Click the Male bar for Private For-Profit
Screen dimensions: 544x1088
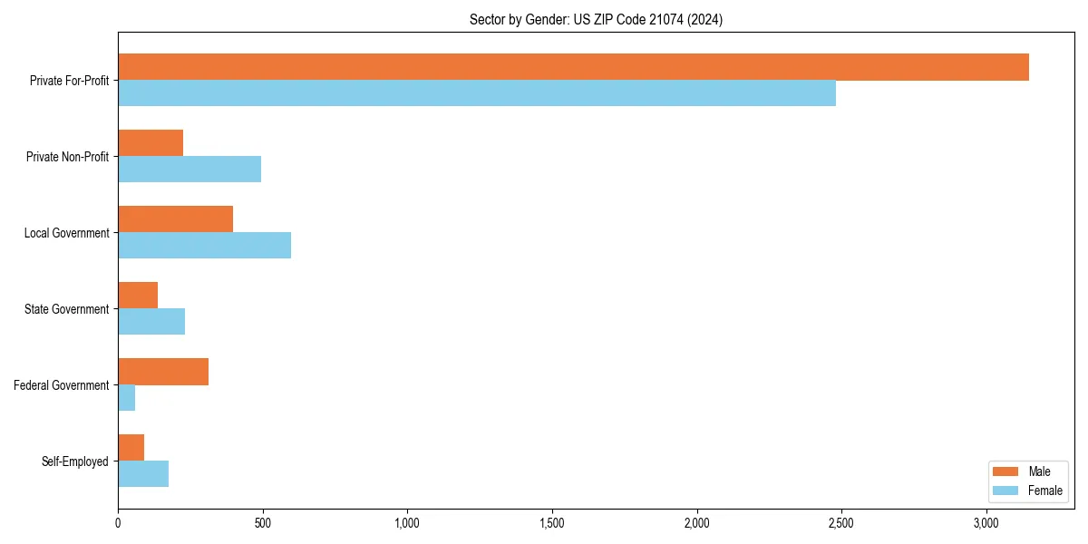[573, 67]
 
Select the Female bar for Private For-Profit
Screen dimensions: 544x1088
[477, 93]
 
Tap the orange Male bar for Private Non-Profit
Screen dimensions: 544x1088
[151, 143]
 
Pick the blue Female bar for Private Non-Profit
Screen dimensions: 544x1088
[189, 170]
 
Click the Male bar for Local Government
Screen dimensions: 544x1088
[175, 219]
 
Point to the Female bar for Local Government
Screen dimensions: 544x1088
[204, 246]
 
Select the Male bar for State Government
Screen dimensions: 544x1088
[138, 296]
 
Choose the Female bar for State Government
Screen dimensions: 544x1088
[151, 322]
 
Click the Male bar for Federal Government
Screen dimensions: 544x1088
[163, 372]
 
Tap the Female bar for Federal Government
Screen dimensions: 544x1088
[127, 398]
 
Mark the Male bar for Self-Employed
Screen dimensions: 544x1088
[131, 448]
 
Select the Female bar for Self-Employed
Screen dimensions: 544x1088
[143, 474]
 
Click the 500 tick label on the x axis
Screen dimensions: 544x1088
[263, 523]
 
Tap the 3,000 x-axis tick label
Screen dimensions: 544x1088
[986, 523]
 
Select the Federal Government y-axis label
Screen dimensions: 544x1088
[62, 385]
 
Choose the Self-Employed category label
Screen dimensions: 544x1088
[75, 461]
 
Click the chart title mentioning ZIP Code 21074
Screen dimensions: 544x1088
[596, 19]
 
